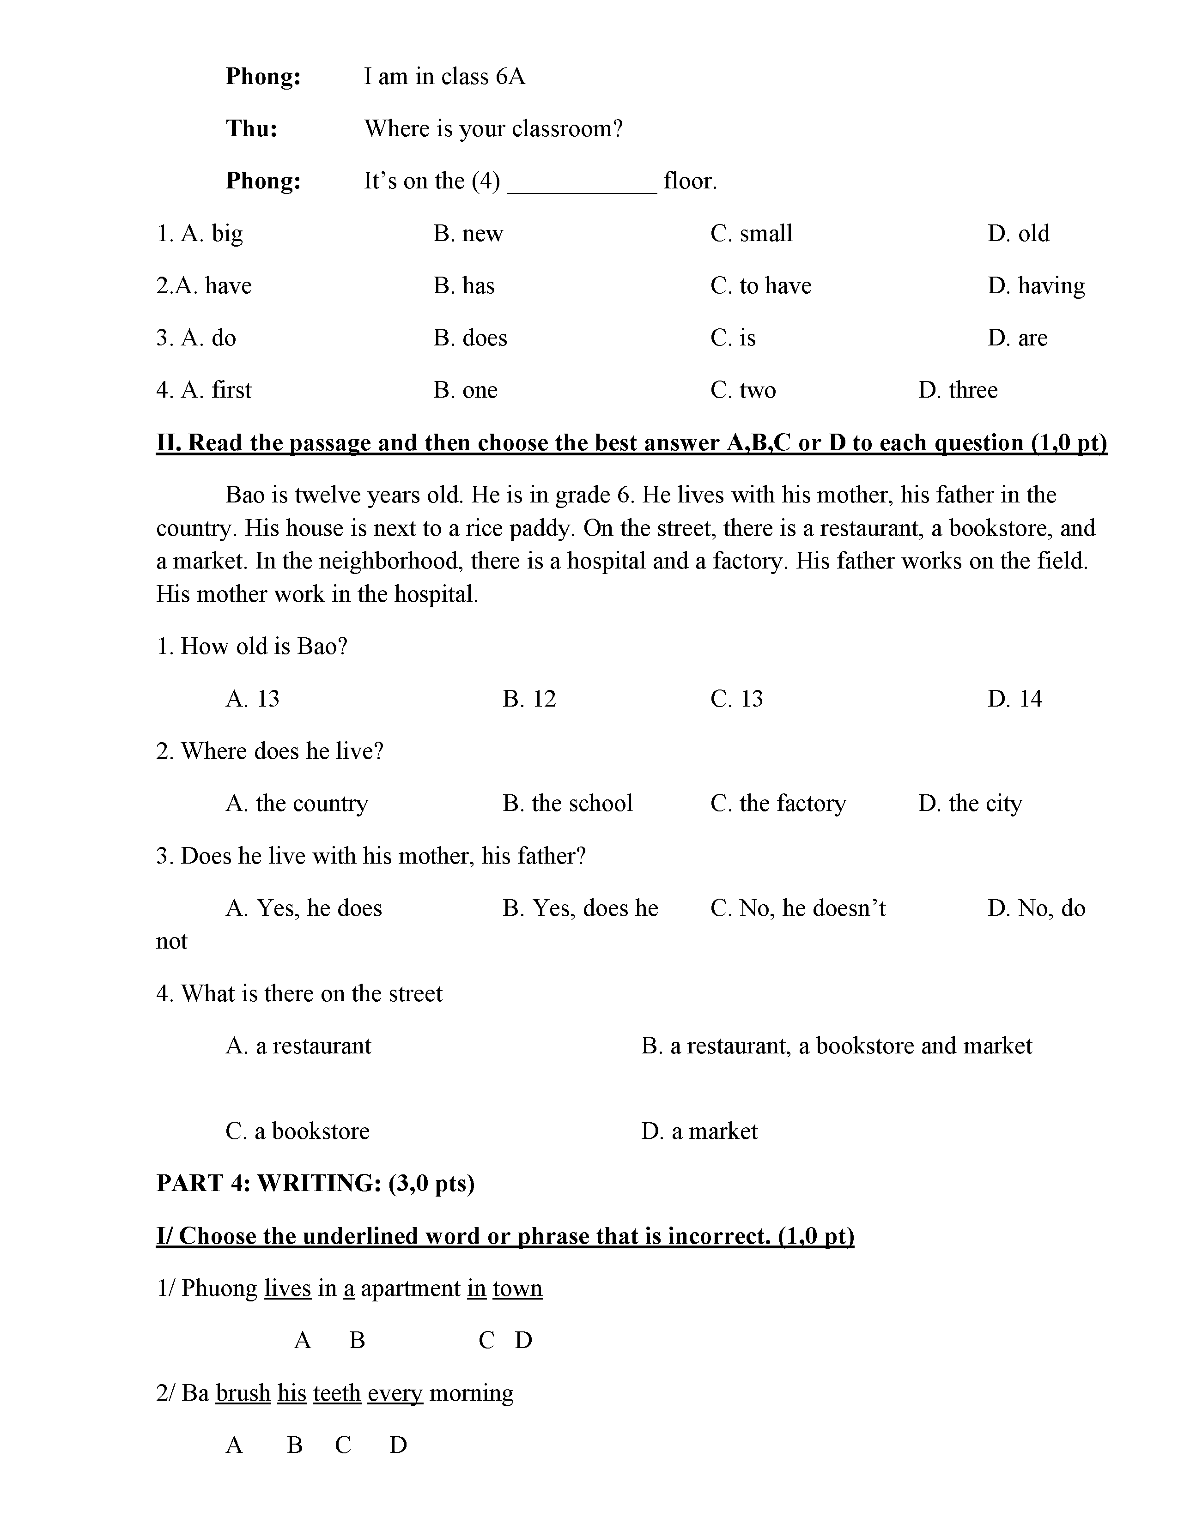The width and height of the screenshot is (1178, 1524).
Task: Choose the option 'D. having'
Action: pos(1036,286)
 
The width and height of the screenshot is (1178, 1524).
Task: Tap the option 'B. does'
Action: pos(470,339)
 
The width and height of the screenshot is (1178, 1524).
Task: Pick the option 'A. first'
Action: pos(203,390)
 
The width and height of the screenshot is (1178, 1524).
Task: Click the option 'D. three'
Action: pos(958,390)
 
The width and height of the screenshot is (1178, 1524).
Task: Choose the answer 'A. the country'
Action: pos(297,804)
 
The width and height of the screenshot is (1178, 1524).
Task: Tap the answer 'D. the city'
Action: pos(970,804)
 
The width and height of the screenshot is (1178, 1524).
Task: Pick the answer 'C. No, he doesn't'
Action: pos(798,908)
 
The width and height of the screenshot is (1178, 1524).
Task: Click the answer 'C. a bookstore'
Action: pos(298,1131)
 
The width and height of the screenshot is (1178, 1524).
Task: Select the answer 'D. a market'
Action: pos(699,1131)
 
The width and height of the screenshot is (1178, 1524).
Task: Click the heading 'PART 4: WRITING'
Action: pos(316,1184)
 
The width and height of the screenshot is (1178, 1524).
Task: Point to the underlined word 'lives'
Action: pos(287,1288)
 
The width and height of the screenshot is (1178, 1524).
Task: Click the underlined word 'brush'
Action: pos(243,1393)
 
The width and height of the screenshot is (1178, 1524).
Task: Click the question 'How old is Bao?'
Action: pos(252,647)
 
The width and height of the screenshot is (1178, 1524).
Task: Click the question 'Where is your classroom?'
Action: pos(493,129)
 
